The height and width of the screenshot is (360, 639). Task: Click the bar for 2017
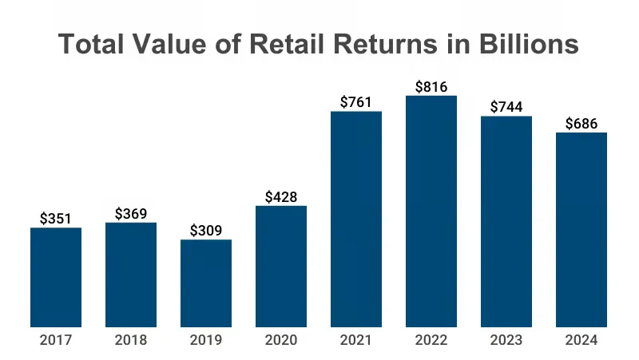tap(56, 277)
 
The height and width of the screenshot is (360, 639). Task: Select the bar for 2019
tap(206, 283)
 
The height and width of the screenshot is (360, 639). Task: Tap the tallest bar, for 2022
tap(431, 211)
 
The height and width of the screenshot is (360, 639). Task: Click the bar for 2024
tap(581, 229)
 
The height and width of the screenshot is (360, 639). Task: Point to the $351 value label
tap(56, 219)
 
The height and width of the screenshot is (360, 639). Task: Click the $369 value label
tap(131, 213)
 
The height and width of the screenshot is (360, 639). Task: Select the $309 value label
tap(206, 231)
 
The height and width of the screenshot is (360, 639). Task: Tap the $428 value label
tap(281, 196)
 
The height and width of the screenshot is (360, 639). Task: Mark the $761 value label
tap(356, 101)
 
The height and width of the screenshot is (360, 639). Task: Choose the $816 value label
tap(431, 85)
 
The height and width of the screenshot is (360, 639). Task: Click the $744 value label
tap(506, 106)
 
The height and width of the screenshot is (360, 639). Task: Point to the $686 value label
tap(581, 123)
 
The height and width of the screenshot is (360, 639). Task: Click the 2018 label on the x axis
tap(131, 340)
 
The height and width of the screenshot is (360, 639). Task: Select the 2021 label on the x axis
tap(356, 340)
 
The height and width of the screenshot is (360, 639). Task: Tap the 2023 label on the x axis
tap(506, 340)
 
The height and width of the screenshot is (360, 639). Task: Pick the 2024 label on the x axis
tap(581, 340)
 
